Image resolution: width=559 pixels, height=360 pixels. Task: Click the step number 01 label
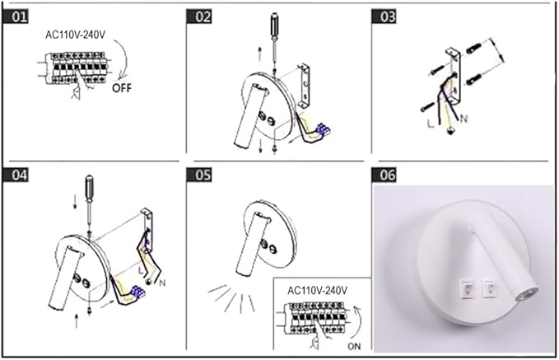point(16,16)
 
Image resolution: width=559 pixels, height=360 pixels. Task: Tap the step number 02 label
point(199,16)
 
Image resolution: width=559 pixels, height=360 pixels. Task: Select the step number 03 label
point(384,16)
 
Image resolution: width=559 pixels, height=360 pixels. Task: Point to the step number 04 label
point(16,175)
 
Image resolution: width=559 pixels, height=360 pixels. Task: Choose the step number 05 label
point(199,175)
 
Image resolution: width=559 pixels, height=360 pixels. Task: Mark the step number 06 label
point(384,175)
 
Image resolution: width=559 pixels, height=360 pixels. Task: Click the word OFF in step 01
point(122,87)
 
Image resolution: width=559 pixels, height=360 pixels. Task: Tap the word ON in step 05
point(354,346)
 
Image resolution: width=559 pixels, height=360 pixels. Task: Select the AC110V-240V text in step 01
point(75,35)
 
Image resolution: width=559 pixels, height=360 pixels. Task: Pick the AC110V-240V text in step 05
point(317,291)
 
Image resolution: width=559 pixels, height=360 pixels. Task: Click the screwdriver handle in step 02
point(274,25)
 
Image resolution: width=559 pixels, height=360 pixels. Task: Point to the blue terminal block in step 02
point(323,129)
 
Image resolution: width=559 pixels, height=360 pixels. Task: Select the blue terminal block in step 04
point(138,292)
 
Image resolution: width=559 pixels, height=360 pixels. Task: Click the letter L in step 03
point(431,124)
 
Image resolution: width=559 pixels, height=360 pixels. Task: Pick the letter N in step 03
point(464,119)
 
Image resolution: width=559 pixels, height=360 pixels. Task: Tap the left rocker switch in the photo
point(468,288)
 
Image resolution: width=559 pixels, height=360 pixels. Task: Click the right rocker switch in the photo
point(489,288)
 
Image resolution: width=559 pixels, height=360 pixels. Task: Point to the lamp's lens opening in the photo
point(527,296)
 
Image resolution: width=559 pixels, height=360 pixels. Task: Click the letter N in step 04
point(162,283)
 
